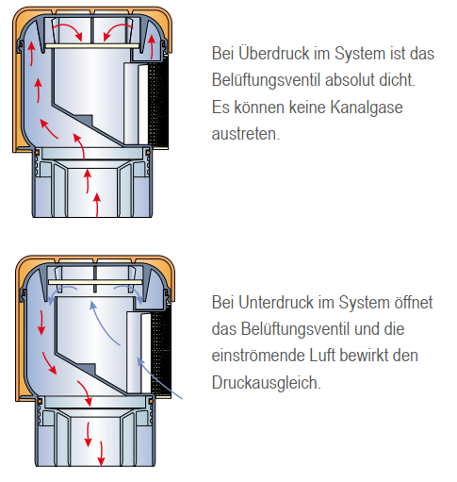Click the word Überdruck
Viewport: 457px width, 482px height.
[x=274, y=53]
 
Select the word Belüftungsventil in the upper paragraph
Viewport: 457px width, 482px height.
[x=267, y=80]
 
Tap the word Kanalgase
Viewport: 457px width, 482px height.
[x=367, y=107]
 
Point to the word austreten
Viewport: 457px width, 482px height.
[x=245, y=134]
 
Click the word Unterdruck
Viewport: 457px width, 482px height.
[x=276, y=303]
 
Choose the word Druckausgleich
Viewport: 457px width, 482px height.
[x=267, y=383]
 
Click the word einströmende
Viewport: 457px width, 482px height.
[x=257, y=356]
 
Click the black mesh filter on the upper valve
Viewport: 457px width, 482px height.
[x=158, y=103]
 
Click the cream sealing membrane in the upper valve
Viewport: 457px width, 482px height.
[x=92, y=46]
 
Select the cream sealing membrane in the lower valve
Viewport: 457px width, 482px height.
[x=95, y=282]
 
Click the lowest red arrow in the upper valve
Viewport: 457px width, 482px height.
[x=97, y=205]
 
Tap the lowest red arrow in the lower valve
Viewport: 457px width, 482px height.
[x=101, y=454]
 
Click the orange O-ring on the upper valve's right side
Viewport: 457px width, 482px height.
[x=148, y=153]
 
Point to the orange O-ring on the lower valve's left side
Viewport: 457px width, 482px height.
[x=40, y=402]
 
